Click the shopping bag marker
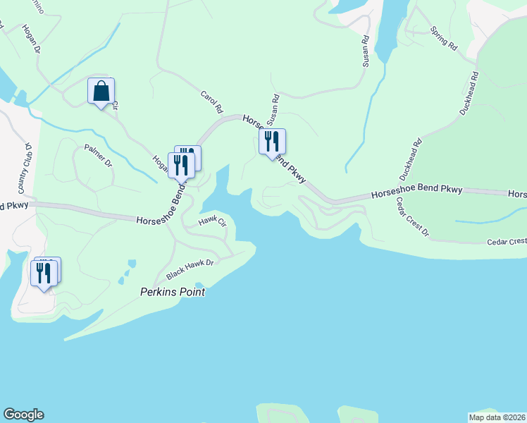point(101,92)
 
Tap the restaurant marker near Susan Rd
point(271,142)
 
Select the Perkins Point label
point(173,291)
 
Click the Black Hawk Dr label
point(190,268)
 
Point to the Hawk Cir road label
point(212,221)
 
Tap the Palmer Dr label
point(99,155)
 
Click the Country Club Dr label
point(25,169)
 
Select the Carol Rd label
point(211,103)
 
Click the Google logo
point(23,415)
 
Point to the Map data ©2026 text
point(497,417)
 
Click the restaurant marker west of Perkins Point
point(45,272)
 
